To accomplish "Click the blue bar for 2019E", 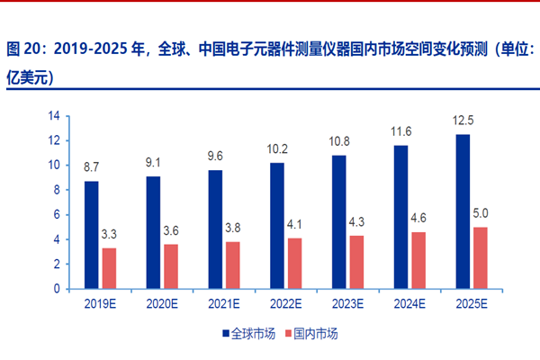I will coord(92,236).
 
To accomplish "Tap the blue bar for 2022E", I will coord(277,226).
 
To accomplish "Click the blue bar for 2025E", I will coord(463,211).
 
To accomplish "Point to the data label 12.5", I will coord(463,121).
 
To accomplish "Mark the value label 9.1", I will coord(154,163).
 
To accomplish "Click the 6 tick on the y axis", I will coord(55,215).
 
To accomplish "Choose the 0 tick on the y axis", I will coord(55,290).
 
